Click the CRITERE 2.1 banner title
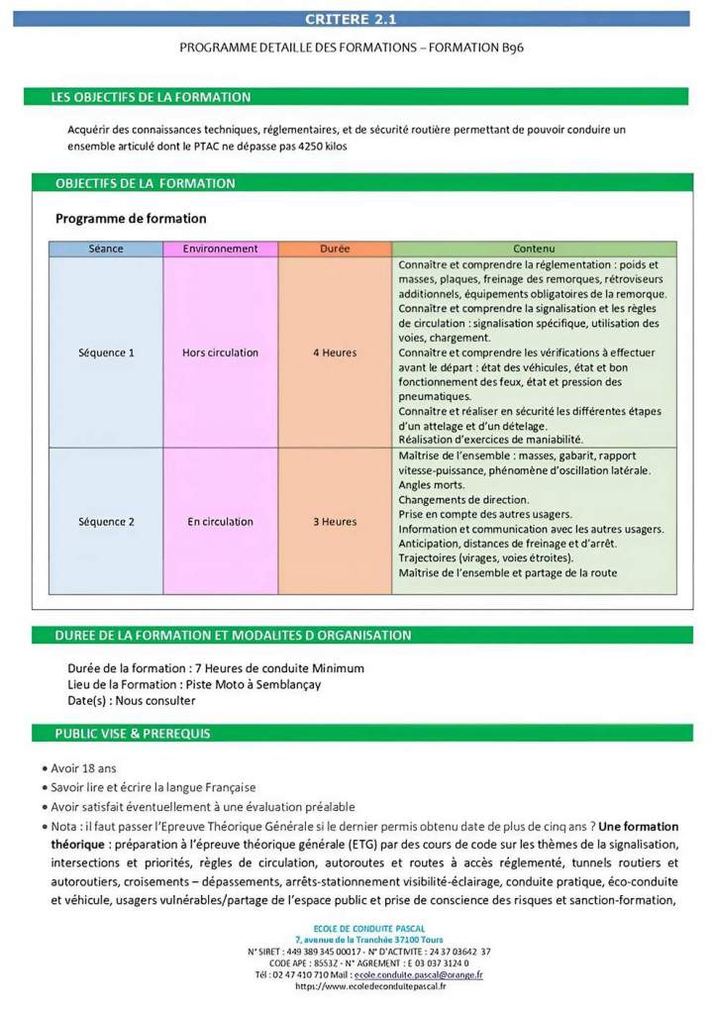[x=352, y=19]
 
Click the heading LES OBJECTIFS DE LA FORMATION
[x=151, y=97]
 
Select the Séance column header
[x=106, y=249]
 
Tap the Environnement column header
[x=220, y=249]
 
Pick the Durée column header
[x=335, y=249]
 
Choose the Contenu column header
[x=534, y=249]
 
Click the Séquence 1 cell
[x=106, y=353]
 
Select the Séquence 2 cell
[x=106, y=522]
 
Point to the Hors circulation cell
[x=220, y=353]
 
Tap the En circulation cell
[x=220, y=522]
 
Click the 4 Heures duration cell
[x=335, y=353]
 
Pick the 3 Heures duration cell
[x=335, y=522]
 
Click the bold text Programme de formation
[x=131, y=219]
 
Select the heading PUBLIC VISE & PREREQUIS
[x=133, y=734]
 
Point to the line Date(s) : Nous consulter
[x=132, y=700]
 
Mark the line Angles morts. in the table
[x=431, y=485]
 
